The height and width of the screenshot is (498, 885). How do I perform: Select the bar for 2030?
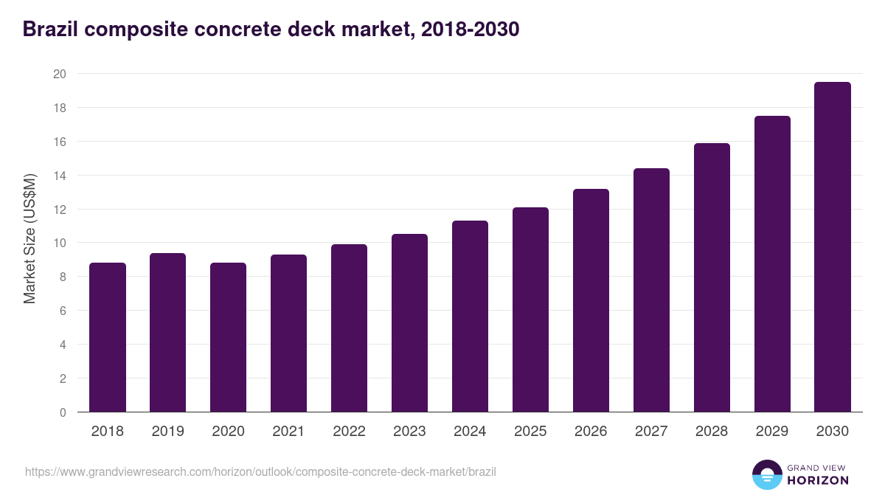pos(833,247)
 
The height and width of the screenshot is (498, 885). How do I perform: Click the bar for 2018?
pos(108,337)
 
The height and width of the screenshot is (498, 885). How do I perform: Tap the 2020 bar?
pos(228,337)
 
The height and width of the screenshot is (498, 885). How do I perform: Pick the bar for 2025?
pos(530,310)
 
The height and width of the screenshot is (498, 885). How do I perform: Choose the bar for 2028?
pos(712,277)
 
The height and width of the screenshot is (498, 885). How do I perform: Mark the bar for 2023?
pos(409,323)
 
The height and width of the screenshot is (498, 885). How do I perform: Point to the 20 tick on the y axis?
pos(59,74)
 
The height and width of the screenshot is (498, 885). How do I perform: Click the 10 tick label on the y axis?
pos(59,243)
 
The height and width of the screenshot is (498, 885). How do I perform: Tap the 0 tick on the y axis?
pos(63,412)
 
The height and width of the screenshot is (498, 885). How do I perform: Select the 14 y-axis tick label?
pos(59,176)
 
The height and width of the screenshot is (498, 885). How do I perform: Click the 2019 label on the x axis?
pos(167,432)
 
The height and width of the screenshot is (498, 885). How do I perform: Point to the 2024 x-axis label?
pos(470,432)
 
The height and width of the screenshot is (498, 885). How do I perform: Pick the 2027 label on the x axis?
pos(651,432)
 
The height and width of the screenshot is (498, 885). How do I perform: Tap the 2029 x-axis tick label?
pos(772,432)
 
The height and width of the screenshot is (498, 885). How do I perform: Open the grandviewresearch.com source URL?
pos(260,471)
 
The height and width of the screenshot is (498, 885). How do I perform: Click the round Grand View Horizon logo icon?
pos(767,474)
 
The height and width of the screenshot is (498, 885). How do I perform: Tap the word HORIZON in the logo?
pos(819,480)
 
